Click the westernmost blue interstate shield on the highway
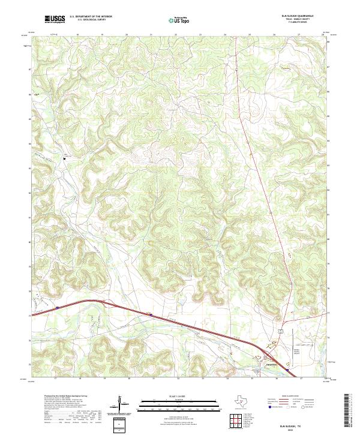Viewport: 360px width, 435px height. [58, 308]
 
